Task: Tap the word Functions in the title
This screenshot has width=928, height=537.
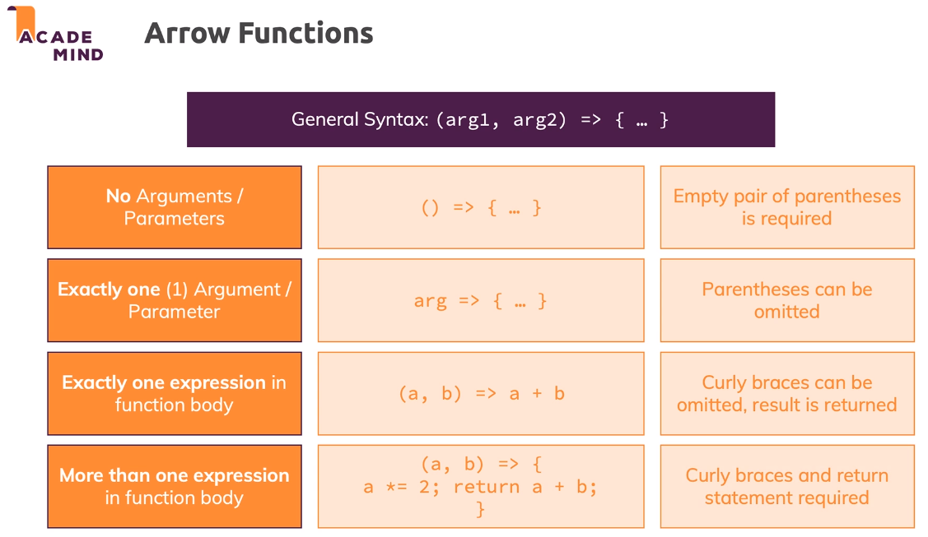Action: pos(305,33)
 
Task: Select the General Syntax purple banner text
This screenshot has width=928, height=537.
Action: pos(480,120)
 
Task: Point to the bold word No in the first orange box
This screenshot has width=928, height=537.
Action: pos(119,197)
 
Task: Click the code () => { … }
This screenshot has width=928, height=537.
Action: pos(481,208)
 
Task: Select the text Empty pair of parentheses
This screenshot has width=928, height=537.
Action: pos(786,197)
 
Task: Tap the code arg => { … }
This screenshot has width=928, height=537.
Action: pos(481,301)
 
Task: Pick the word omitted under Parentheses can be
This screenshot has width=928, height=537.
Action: pos(786,312)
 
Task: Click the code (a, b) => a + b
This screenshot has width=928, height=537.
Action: pos(481,394)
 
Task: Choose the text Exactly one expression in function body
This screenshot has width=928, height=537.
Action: pos(174,393)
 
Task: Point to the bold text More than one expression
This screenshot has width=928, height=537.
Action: pos(174,475)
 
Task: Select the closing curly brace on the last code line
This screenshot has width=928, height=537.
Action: pos(481,509)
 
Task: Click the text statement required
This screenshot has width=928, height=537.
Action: pos(786,498)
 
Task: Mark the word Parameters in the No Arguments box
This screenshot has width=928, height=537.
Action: pos(174,219)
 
